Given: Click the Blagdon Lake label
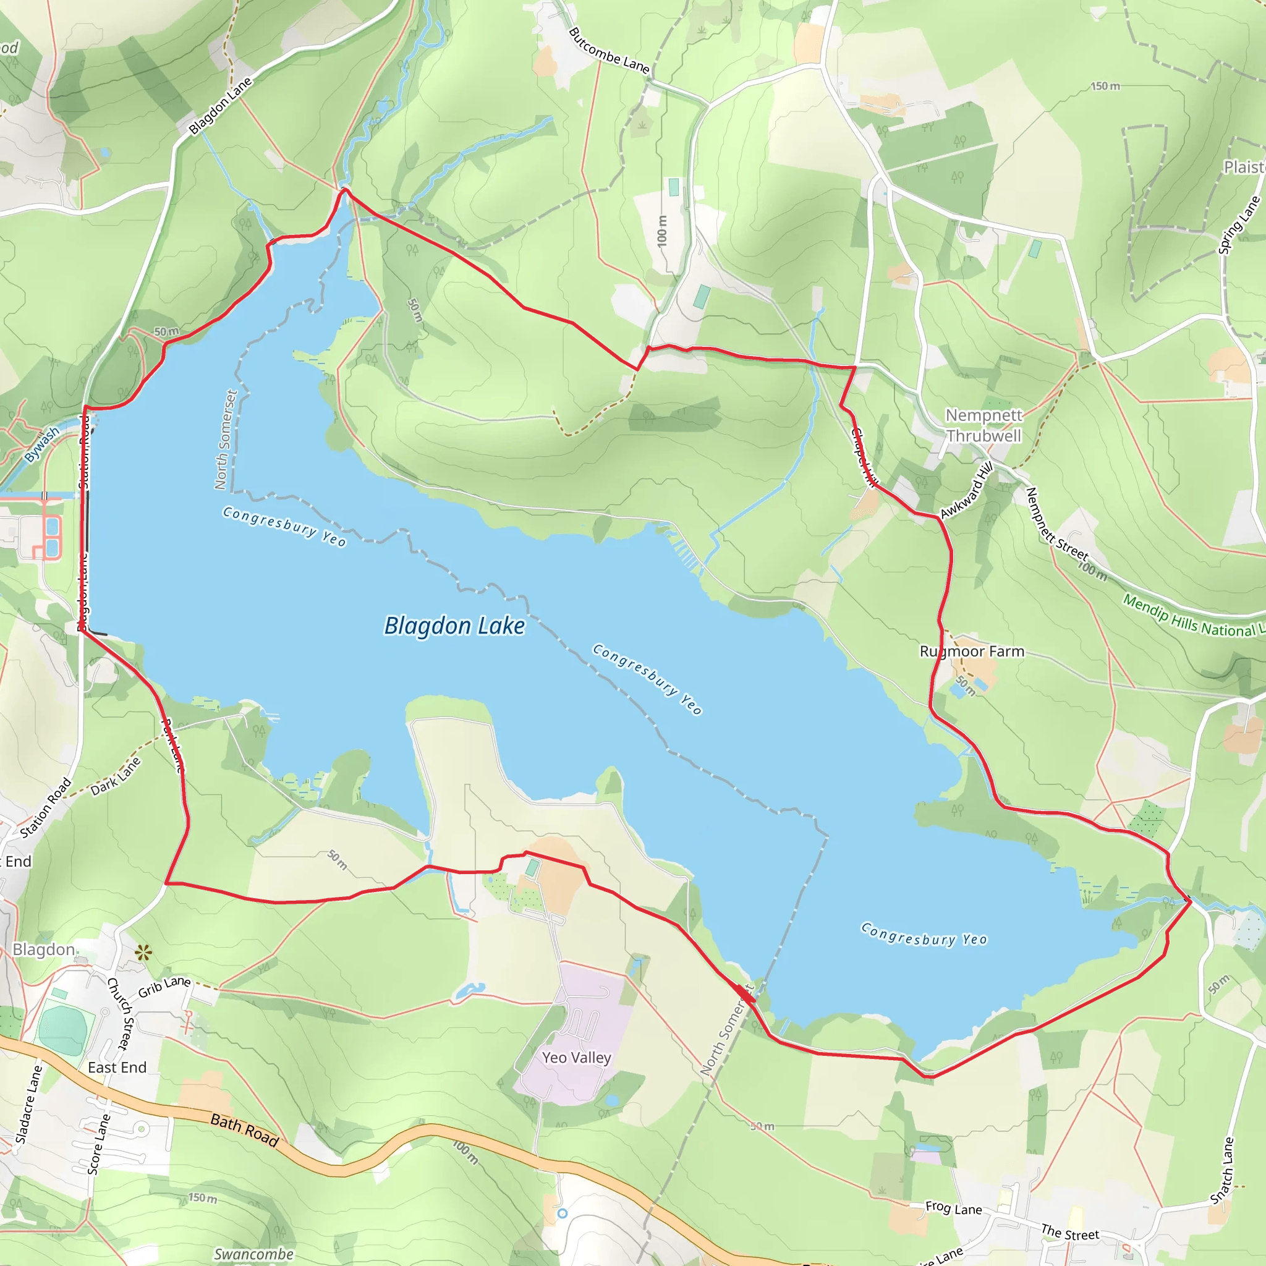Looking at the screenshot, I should (454, 626).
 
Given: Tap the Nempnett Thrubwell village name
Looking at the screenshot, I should (983, 425).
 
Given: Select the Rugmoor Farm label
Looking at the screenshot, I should (972, 652).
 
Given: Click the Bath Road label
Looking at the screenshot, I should (244, 1131).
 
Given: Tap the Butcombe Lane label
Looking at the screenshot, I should (609, 51).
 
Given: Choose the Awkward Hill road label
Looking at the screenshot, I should (967, 490).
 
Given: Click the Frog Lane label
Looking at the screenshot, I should (953, 1208).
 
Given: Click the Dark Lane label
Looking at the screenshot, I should (116, 776).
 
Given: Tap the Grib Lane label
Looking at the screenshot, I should (164, 986).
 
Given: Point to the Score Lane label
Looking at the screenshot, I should (99, 1144).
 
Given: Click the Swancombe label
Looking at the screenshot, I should (253, 1254).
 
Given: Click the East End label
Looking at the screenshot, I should (117, 1068).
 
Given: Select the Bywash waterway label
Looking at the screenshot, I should (42, 444).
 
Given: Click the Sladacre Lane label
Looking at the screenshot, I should (29, 1104).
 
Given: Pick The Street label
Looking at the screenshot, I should (1070, 1232).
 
